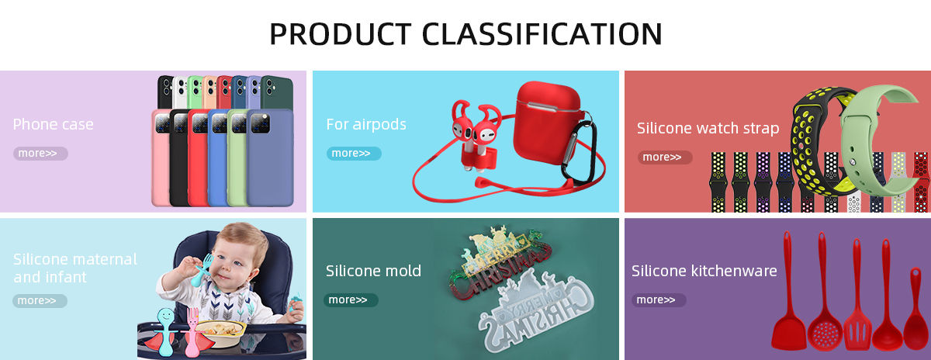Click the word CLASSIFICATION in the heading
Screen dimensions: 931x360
tap(542, 33)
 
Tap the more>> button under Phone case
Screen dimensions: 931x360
tap(40, 154)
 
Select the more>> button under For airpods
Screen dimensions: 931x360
tap(354, 154)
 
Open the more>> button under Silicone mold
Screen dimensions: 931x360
tap(351, 300)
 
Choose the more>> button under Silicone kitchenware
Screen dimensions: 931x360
tap(659, 300)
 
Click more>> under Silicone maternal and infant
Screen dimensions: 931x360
tap(40, 301)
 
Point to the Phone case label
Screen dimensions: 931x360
tap(54, 124)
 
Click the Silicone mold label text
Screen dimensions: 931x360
tap(373, 271)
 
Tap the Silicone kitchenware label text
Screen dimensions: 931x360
tap(704, 271)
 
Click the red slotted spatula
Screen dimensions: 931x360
tap(857, 299)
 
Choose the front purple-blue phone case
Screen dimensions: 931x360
tap(270, 158)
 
